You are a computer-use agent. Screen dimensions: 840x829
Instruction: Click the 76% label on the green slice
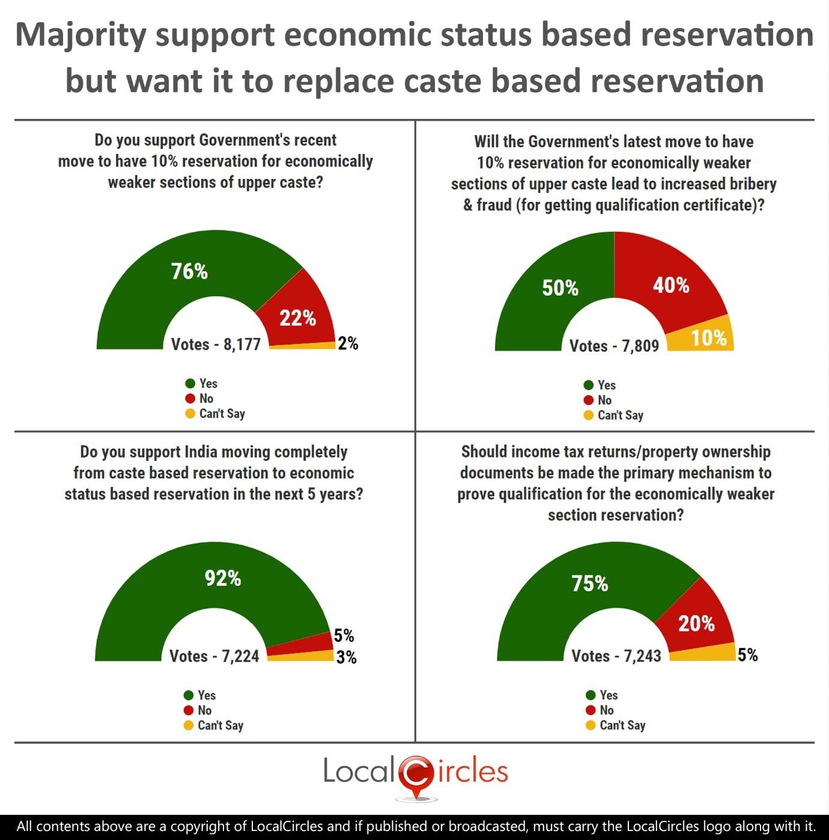[x=189, y=271]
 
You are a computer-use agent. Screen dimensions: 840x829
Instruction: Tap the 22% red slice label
[x=297, y=318]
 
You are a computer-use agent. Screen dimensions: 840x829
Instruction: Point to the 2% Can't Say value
[x=348, y=343]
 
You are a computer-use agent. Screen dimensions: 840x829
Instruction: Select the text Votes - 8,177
[x=216, y=345]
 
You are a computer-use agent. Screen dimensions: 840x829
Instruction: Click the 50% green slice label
[x=560, y=288]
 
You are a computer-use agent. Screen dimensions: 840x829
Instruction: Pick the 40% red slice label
[x=671, y=285]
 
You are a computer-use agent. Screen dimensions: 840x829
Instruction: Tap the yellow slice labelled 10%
[x=709, y=338]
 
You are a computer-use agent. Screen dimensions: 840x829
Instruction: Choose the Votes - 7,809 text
[x=614, y=346]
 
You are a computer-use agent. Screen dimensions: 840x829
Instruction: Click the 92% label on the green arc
[x=223, y=578]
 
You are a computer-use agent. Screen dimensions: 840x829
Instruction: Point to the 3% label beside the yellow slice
[x=346, y=657]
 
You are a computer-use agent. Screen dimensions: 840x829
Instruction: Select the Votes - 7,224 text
[x=214, y=656]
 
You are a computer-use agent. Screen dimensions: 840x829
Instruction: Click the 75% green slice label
[x=589, y=584]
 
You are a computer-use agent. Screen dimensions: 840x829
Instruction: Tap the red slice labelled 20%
[x=696, y=624]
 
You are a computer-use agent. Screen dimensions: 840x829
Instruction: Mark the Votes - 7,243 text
[x=616, y=656]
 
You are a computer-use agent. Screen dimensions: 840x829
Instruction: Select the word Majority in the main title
[x=80, y=35]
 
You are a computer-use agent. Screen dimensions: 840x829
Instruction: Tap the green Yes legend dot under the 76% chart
[x=190, y=384]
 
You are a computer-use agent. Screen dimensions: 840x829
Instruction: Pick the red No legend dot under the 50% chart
[x=589, y=400]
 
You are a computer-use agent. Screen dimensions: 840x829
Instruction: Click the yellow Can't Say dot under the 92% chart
[x=189, y=725]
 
